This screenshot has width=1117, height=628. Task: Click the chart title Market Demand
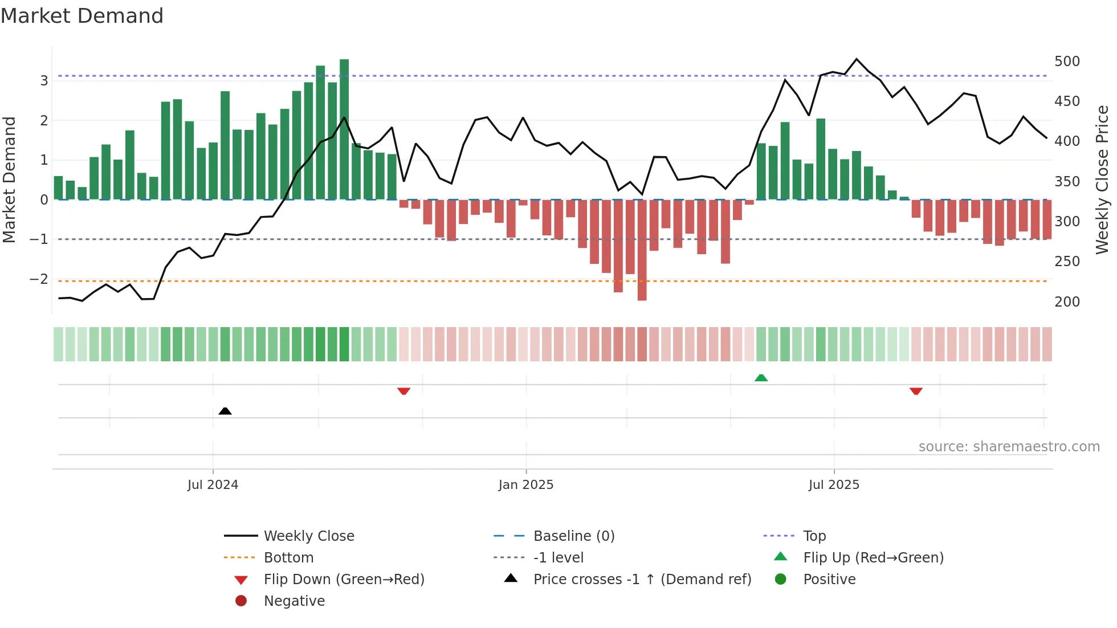tap(82, 15)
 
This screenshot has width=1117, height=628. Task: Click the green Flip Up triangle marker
tap(761, 377)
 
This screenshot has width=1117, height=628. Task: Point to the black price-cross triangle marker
tap(225, 411)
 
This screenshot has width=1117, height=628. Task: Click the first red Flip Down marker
tap(403, 391)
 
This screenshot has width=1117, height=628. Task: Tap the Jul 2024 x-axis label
tap(213, 484)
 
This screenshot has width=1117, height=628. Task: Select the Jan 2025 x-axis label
tap(525, 484)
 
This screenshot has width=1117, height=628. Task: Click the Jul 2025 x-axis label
tap(834, 484)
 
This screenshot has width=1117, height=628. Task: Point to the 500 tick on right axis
tap(1067, 61)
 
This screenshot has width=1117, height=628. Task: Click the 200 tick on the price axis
tap(1067, 301)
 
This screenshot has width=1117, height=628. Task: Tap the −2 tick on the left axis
tap(39, 279)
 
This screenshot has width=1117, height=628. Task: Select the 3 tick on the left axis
tap(44, 80)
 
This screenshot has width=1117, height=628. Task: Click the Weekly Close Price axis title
tap(1102, 180)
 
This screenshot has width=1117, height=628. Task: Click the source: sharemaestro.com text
tap(1009, 446)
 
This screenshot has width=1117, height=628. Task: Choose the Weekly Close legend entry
tap(308, 536)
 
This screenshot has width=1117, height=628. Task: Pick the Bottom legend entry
tap(288, 557)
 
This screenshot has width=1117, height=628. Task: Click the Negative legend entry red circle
tap(241, 601)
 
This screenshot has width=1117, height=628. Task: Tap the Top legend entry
tap(814, 536)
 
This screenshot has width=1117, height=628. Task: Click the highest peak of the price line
tap(857, 59)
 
